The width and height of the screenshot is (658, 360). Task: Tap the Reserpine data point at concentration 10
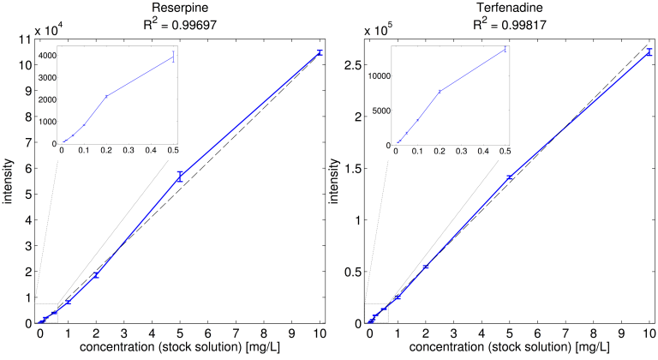320,52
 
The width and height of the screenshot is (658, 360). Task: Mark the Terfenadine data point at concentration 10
649,52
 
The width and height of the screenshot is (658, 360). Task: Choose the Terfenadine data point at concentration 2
426,267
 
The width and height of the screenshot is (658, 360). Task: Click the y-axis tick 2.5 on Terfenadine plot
350,64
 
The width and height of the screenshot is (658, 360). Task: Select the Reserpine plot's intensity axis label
9,181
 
